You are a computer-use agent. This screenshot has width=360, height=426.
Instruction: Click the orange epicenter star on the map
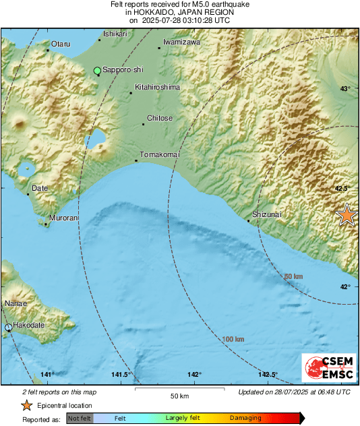pyautogui.click(x=347, y=215)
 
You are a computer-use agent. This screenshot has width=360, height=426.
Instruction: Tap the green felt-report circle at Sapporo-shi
pyautogui.click(x=98, y=70)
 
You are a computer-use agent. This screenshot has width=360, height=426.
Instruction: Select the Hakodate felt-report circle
pyautogui.click(x=9, y=328)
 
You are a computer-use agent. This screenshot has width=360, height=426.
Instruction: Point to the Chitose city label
pyautogui.click(x=159, y=118)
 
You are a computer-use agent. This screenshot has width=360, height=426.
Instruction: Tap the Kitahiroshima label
pyautogui.click(x=157, y=87)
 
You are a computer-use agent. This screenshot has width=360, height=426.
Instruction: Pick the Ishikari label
pyautogui.click(x=115, y=34)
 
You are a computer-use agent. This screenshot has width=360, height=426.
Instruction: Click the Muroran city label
pyautogui.click(x=64, y=218)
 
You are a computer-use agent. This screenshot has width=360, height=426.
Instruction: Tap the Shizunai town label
pyautogui.click(x=266, y=214)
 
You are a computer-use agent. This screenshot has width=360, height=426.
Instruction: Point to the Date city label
pyautogui.click(x=40, y=188)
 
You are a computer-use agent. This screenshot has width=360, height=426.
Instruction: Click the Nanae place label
pyautogui.click(x=16, y=304)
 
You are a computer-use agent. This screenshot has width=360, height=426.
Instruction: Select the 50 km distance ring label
pyautogui.click(x=293, y=277)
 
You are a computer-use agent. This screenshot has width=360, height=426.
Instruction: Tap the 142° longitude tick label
pyautogui.click(x=194, y=374)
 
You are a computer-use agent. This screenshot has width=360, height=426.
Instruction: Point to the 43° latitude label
pyautogui.click(x=344, y=89)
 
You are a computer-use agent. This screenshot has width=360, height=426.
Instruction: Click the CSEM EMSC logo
pyautogui.click(x=326, y=369)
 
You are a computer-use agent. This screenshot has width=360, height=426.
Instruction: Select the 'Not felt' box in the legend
pyautogui.click(x=80, y=419)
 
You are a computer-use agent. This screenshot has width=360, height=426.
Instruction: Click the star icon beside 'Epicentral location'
pyautogui.click(x=26, y=405)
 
